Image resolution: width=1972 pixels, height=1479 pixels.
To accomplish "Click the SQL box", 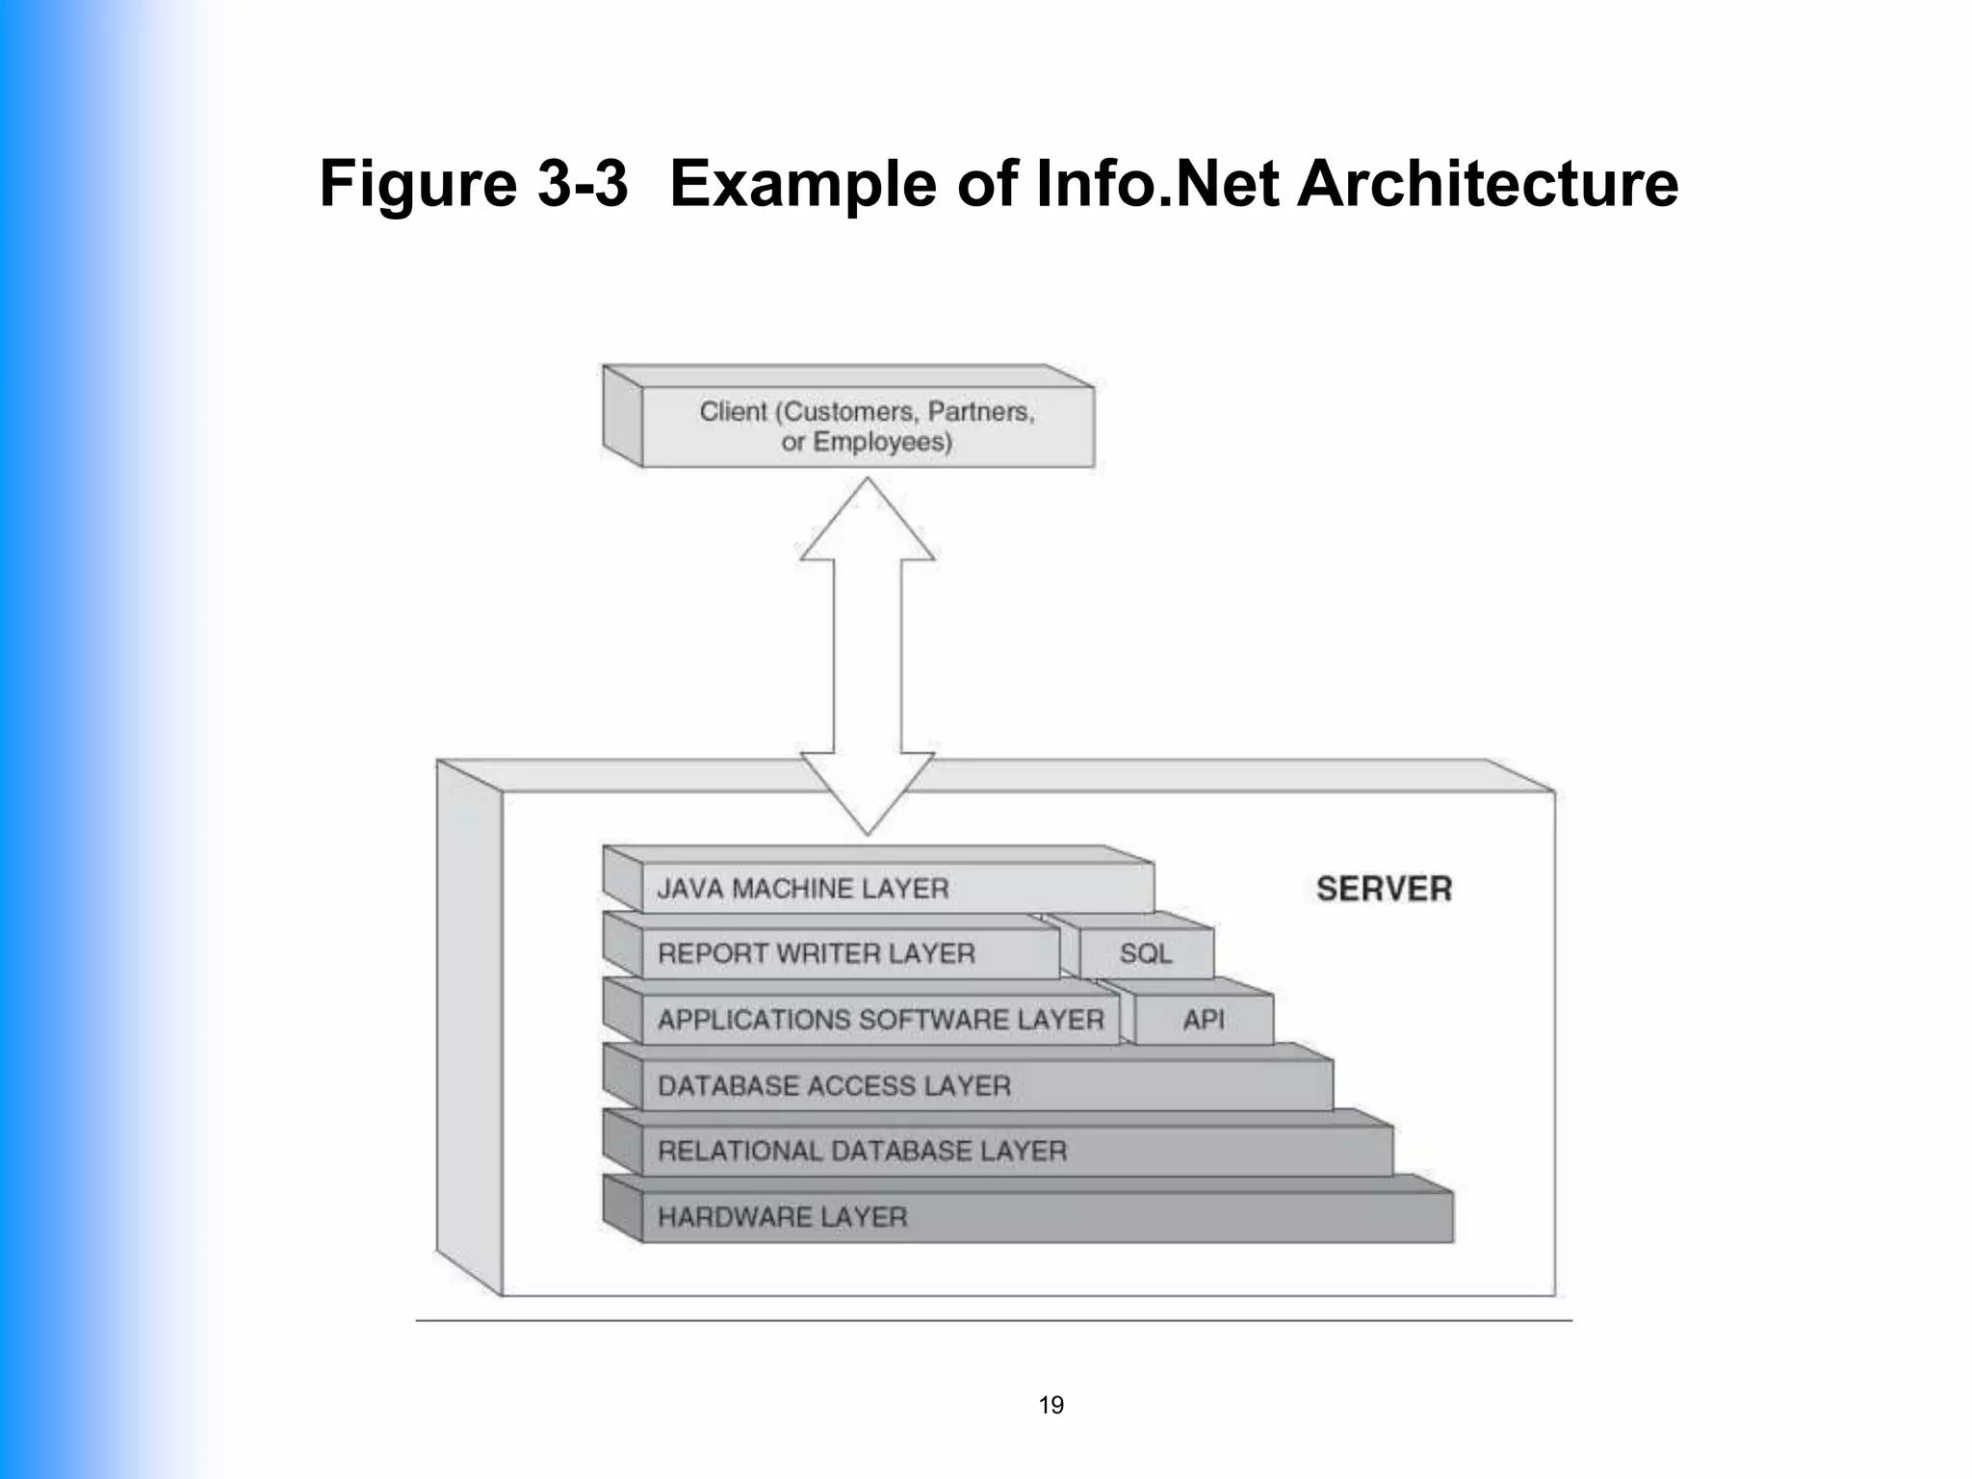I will tap(1146, 953).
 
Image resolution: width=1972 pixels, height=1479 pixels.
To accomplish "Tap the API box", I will tap(1204, 1020).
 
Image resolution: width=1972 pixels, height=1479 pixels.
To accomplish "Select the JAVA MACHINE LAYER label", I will tap(803, 888).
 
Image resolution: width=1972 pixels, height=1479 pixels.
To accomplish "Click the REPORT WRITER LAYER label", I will tap(817, 953).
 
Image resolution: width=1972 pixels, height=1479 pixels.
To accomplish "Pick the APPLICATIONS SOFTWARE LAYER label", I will tap(880, 1020).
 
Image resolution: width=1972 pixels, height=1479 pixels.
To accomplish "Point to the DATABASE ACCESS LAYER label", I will tap(834, 1086).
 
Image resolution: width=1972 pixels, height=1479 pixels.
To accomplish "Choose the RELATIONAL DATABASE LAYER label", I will tap(862, 1151).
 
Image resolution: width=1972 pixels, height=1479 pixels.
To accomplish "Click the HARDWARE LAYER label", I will tap(782, 1217).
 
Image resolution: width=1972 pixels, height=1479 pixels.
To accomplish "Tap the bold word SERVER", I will tap(1384, 889).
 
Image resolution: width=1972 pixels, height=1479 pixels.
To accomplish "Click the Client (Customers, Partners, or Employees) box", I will tap(867, 427).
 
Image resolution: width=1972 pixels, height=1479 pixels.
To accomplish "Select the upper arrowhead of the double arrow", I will tap(867, 525).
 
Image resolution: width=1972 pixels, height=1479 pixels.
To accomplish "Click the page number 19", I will tap(1051, 1405).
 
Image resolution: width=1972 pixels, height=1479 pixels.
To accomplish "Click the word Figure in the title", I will tap(418, 185).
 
